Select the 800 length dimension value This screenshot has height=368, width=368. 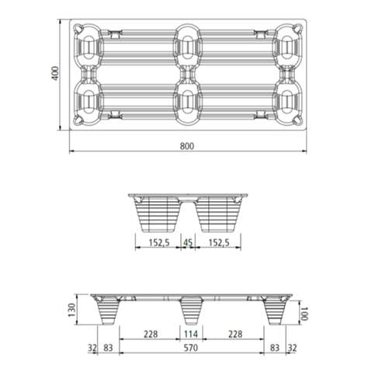(x=187, y=145)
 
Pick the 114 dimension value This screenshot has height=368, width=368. (x=187, y=335)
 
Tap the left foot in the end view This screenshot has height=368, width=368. (x=155, y=215)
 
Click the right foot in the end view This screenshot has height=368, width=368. (x=220, y=215)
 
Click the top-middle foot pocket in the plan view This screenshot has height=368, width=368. (x=188, y=47)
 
